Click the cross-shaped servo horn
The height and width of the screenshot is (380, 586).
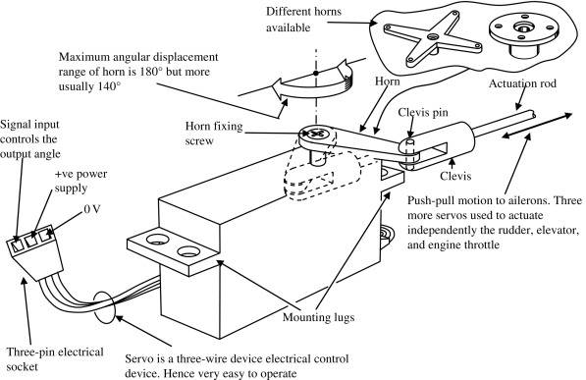(x=433, y=37)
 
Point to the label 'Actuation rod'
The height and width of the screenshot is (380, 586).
(x=522, y=83)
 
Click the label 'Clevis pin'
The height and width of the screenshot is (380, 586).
(x=423, y=112)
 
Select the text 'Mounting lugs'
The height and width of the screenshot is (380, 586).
(x=318, y=317)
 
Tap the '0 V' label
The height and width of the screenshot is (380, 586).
(x=92, y=209)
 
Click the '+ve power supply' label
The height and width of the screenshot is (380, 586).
(x=81, y=181)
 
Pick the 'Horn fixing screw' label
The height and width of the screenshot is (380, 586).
(x=214, y=134)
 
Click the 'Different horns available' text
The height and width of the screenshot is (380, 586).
(x=303, y=19)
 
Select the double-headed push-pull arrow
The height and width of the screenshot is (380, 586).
(x=537, y=126)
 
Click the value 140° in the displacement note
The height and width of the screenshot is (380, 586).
(x=110, y=86)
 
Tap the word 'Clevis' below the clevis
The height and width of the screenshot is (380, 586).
(x=455, y=176)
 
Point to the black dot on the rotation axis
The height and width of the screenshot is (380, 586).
(x=316, y=74)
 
